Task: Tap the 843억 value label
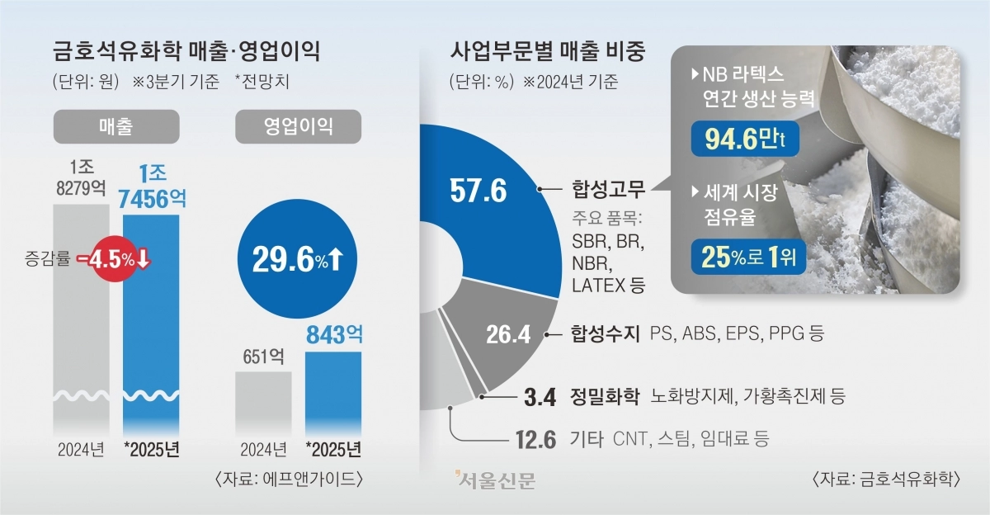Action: tap(333, 334)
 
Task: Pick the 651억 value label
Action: tap(263, 357)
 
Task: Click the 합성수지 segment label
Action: tap(605, 334)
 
